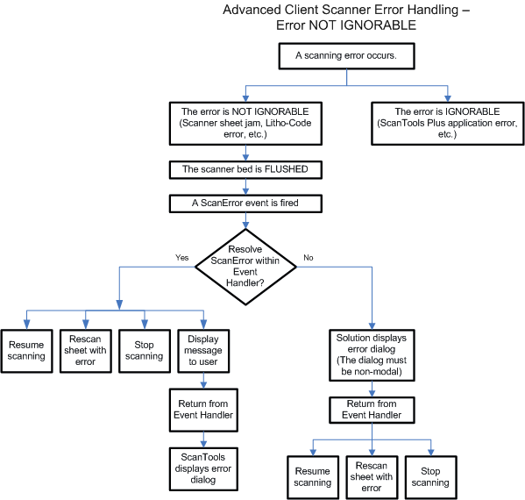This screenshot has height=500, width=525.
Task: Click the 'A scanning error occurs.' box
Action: click(x=346, y=56)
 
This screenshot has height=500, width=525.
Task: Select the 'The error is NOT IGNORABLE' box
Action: click(x=245, y=124)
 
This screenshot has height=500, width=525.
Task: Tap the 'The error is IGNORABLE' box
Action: click(x=447, y=124)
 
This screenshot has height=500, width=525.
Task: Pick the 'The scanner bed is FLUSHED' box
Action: click(x=245, y=170)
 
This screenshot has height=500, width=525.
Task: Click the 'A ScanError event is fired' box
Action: click(x=245, y=204)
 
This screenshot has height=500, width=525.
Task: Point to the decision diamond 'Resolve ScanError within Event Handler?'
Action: click(x=245, y=267)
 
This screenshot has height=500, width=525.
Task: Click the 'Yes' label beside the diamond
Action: click(x=181, y=257)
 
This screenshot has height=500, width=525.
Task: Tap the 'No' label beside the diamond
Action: click(x=308, y=257)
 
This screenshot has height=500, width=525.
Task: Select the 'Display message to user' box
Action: click(x=203, y=351)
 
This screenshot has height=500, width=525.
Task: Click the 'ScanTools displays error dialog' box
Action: click(x=203, y=468)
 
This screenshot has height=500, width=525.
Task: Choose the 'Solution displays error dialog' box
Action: click(x=372, y=355)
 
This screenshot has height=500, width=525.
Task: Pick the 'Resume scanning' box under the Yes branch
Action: click(x=26, y=351)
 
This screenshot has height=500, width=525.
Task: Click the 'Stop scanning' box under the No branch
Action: click(x=430, y=477)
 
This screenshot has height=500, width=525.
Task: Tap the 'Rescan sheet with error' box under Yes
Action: click(x=85, y=351)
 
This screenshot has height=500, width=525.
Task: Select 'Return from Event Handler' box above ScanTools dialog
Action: click(x=203, y=410)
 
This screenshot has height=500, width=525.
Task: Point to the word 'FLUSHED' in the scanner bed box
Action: click(x=287, y=169)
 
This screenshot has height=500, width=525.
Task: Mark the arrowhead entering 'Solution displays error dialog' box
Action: click(x=372, y=326)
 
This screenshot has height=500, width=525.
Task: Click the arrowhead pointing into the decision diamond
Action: click(x=245, y=225)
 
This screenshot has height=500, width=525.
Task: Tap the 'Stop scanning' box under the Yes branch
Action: click(x=145, y=351)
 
